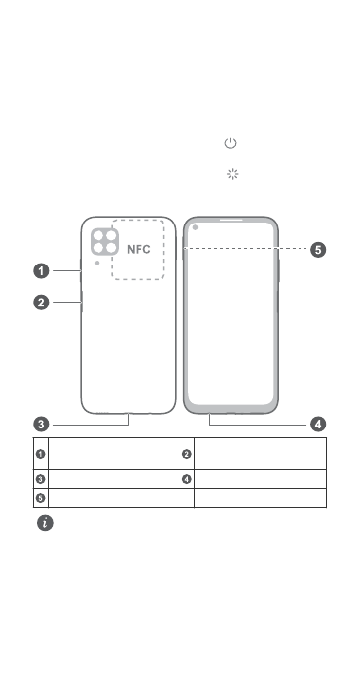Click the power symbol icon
[x=231, y=143]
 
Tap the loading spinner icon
[x=232, y=174]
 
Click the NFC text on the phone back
[x=139, y=249]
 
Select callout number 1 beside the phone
[x=42, y=271]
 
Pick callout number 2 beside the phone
[x=42, y=303]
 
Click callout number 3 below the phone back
[x=42, y=425]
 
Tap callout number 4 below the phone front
[x=318, y=425]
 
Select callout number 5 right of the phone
[x=318, y=250]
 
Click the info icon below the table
[x=45, y=523]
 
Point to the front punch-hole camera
[x=195, y=227]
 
